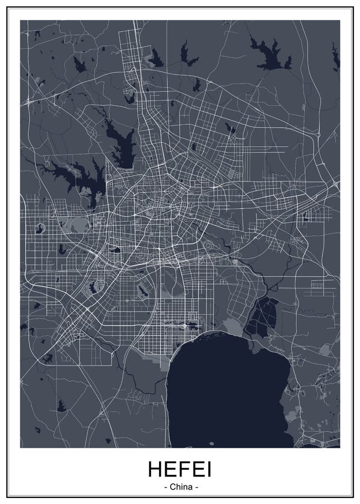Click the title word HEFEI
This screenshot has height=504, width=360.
(180, 469)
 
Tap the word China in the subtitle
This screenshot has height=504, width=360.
(180, 487)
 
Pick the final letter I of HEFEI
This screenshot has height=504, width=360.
(209, 469)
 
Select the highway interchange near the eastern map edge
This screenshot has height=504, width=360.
(334, 185)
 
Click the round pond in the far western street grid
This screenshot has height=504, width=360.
(40, 228)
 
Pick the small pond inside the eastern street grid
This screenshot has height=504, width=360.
(305, 216)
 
